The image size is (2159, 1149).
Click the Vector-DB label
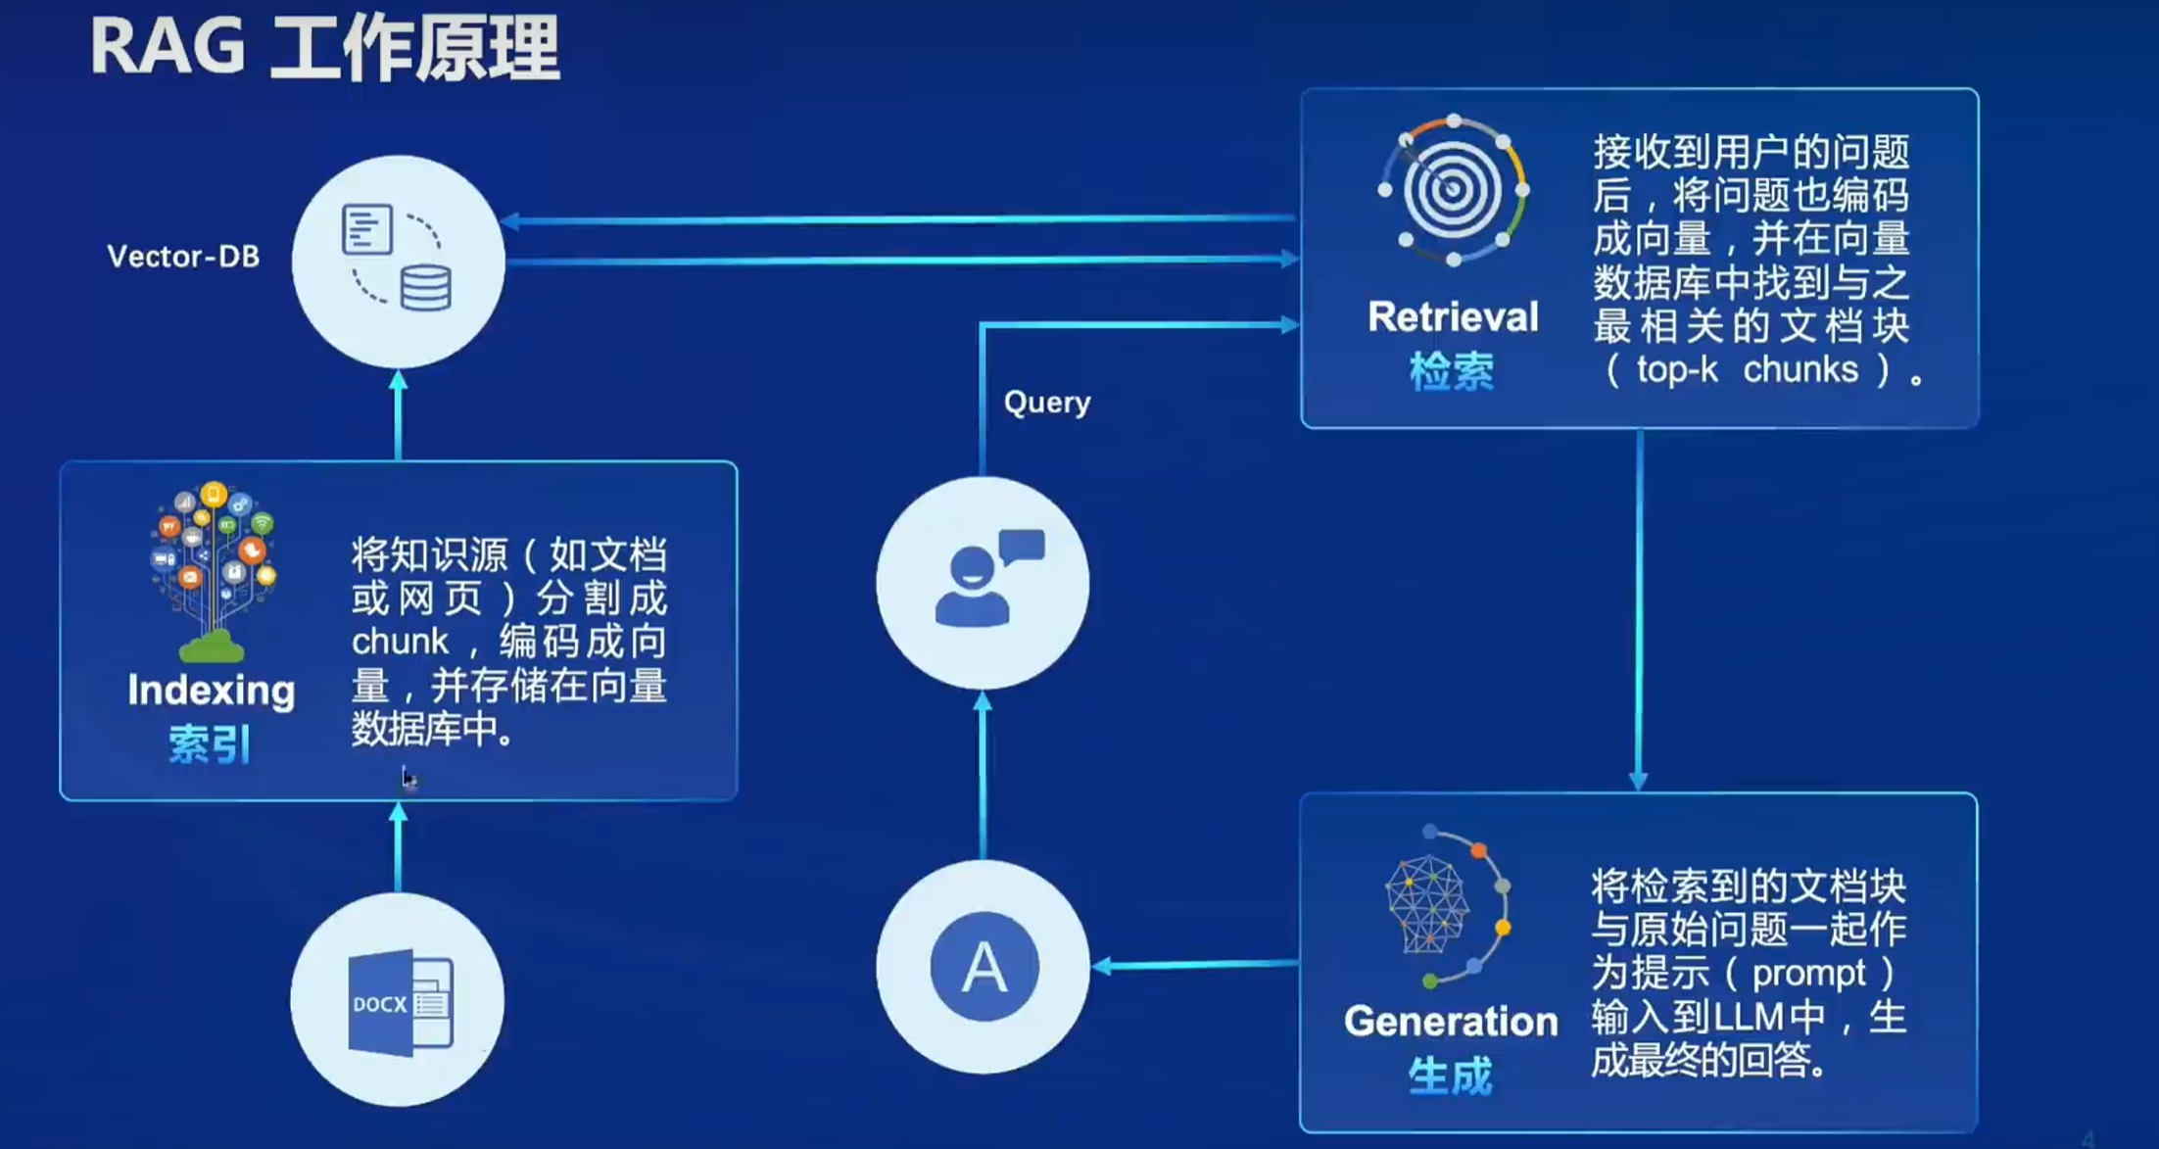click(183, 257)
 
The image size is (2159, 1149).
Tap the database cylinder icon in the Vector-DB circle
click(426, 288)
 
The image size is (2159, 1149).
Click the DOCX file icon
click(400, 1002)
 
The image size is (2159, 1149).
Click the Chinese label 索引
click(210, 744)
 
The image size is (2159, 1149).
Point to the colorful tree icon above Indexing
click(214, 571)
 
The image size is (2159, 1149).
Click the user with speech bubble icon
click(987, 578)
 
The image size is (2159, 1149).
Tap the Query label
click(1047, 403)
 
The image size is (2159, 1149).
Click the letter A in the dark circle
click(984, 967)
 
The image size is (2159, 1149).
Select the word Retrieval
click(1453, 316)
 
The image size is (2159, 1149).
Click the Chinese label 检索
click(1452, 371)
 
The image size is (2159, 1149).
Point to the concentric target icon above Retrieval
click(1454, 190)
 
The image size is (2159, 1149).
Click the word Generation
click(1451, 1021)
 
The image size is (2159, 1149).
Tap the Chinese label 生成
click(1451, 1076)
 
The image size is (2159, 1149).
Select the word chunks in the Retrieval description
click(1800, 369)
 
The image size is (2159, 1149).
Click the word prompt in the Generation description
click(1808, 974)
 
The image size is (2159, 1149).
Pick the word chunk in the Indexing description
click(400, 642)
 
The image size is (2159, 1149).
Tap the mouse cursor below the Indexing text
click(408, 779)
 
